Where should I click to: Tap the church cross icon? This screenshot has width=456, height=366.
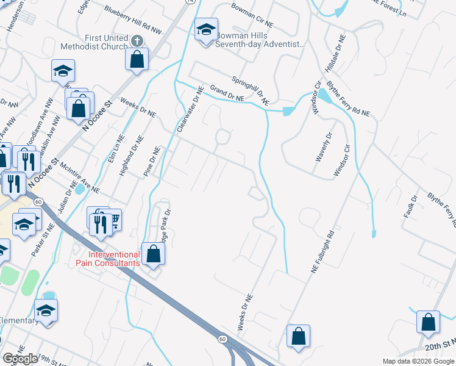[x=137, y=41]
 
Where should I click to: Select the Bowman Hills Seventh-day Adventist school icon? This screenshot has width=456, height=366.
[x=206, y=29]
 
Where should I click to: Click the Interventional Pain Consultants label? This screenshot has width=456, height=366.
[x=114, y=259]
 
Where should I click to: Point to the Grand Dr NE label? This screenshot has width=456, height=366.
[x=227, y=93]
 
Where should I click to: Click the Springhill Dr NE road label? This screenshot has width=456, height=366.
[x=250, y=88]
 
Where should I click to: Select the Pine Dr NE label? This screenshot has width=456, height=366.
[x=151, y=162]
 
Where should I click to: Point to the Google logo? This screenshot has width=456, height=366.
[x=20, y=359]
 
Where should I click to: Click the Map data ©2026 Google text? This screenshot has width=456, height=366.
[x=418, y=361]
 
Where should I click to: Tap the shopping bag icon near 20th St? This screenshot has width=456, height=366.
[x=428, y=322]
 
